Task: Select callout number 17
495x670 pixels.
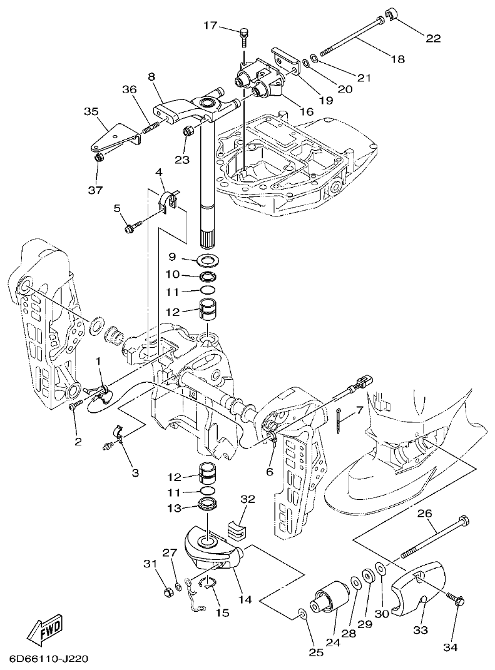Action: [x=210, y=26]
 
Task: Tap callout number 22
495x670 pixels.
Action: [x=433, y=38]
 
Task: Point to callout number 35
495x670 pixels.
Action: [x=92, y=112]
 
